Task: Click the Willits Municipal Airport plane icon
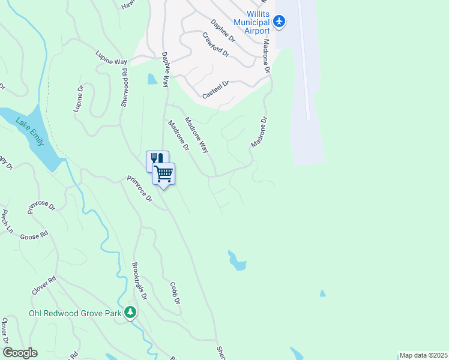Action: (279, 22)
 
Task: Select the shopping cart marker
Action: (163, 175)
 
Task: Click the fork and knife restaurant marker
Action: (156, 159)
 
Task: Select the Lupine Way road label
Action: (112, 58)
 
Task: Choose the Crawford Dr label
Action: (215, 44)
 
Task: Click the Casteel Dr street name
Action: (216, 91)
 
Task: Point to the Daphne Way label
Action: (166, 70)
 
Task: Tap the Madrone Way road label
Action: (196, 134)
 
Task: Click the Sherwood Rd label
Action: (125, 88)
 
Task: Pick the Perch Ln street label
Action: (7, 221)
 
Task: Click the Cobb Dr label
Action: (175, 293)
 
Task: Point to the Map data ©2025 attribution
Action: (424, 355)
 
